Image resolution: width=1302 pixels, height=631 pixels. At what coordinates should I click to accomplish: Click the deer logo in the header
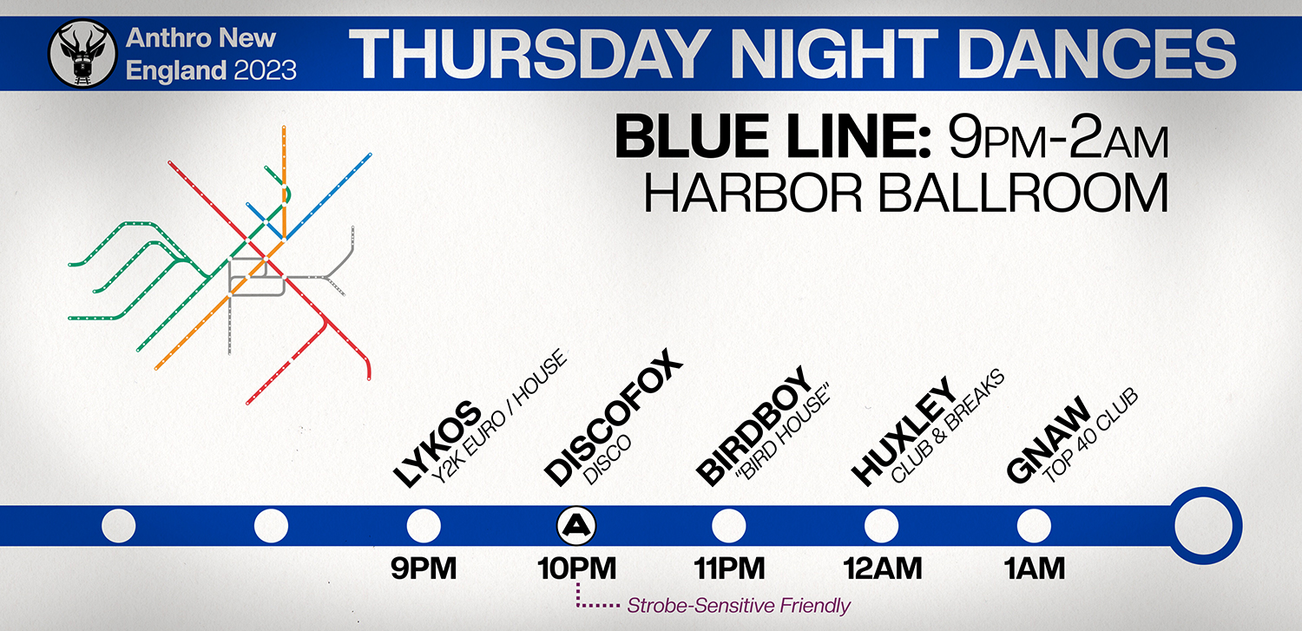82,54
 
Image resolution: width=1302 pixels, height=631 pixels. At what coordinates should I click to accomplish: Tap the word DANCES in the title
1098,54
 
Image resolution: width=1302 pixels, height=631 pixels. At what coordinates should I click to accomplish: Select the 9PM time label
424,569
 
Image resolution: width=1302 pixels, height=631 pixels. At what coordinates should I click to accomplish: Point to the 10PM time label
576,569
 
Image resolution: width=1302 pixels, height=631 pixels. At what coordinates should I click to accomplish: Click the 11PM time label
729,569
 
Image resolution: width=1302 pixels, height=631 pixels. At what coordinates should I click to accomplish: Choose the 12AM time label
883,569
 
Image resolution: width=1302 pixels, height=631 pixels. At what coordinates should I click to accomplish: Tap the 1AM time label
1034,569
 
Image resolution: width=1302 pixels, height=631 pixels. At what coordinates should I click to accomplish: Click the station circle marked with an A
576,526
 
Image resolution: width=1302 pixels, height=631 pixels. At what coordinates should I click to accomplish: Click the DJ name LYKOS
437,444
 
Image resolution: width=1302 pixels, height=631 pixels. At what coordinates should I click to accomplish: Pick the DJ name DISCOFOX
613,417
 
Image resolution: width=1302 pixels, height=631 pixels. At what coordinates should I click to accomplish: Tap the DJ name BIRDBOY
754,426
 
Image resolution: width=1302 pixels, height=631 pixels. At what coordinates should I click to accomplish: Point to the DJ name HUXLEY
903,431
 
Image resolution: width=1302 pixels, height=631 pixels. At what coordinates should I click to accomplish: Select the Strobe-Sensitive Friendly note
739,606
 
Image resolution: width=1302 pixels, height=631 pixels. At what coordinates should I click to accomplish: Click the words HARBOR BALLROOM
905,194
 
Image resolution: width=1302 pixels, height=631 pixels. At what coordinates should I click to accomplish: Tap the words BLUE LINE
773,137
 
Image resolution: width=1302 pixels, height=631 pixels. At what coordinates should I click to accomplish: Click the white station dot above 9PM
424,526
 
